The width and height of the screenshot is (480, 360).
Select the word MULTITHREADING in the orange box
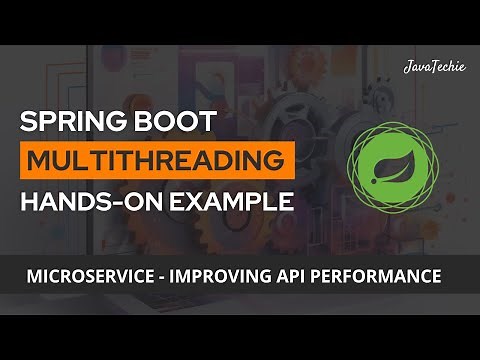(157, 160)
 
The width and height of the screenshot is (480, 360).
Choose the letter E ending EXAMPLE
(287, 201)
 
